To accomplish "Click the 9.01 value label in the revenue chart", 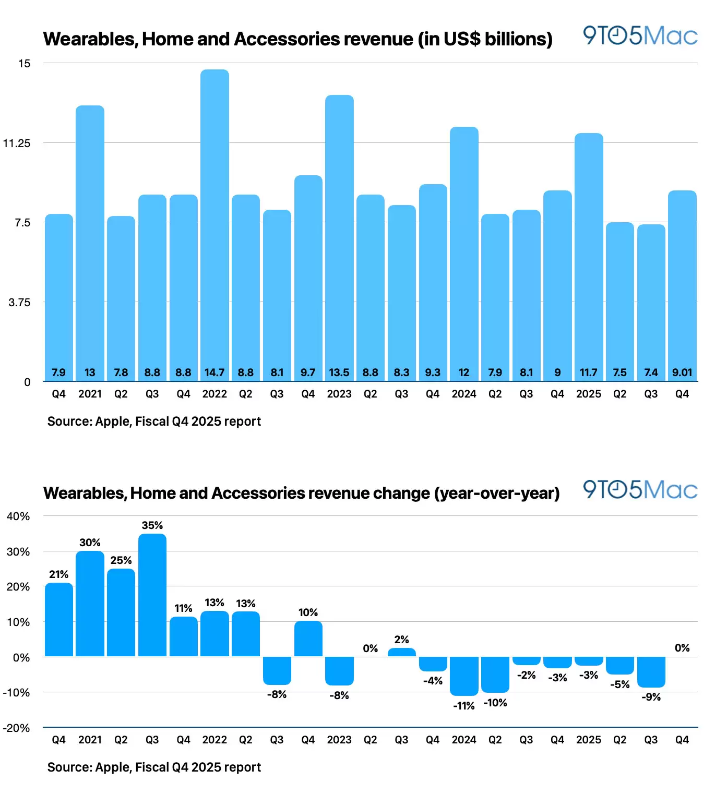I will point(682,372).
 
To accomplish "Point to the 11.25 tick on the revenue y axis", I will point(17,143).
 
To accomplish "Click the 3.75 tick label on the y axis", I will point(19,303).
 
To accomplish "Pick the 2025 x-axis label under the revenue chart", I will point(589,394).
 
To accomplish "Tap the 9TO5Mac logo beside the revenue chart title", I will point(640,36).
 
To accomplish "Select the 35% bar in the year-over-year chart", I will point(152,595).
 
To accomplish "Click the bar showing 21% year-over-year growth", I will point(59,620).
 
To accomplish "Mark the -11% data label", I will point(464,706).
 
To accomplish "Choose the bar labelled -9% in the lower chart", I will point(651,672).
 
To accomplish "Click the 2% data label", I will point(401,640).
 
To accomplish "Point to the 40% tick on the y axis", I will point(18,516).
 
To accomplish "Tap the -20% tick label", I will point(17,728).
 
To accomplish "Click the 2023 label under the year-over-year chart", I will point(339,740).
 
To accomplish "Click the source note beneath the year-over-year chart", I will point(154,767).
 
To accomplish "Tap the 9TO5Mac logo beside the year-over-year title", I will point(640,490).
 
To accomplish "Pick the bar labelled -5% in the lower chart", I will point(620,666).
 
